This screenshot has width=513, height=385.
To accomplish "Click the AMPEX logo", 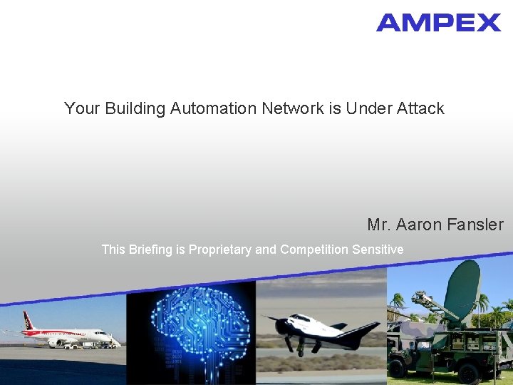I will [x=438, y=23].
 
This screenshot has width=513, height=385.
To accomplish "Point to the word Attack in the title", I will [x=420, y=109].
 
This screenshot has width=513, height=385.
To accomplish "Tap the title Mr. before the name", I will [x=379, y=225].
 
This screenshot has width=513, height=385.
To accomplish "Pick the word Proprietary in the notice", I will [x=220, y=250].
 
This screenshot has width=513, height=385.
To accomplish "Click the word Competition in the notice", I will [x=314, y=250].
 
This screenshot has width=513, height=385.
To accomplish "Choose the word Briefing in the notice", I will [x=151, y=250].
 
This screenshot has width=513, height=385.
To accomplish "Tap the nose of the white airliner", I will [x=110, y=336].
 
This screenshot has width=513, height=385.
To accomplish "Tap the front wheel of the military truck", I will [x=398, y=368].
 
